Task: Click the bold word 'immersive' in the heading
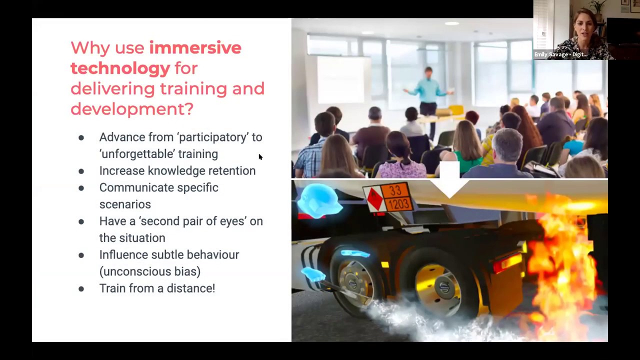point(195,48)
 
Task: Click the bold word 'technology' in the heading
point(120,68)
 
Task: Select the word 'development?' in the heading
point(131,109)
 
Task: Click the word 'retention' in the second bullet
point(231,171)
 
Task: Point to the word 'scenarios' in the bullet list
point(125,204)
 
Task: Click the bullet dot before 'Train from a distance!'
point(81,289)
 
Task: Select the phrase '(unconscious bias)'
point(150,271)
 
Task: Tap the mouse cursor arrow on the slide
point(260,157)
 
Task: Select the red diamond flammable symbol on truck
point(374,199)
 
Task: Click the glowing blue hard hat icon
point(319,200)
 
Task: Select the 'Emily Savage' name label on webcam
point(560,54)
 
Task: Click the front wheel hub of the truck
point(354,284)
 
